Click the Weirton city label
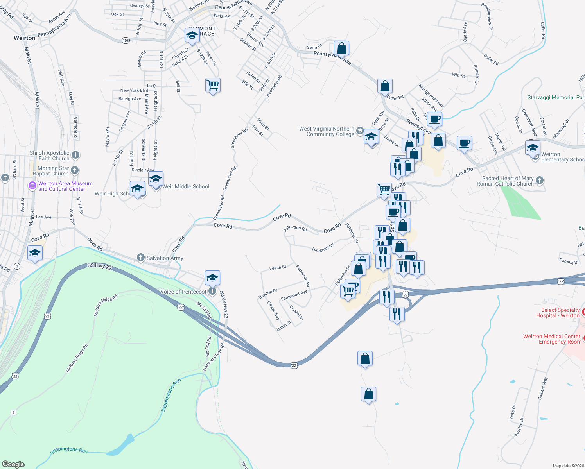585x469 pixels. [x=24, y=38]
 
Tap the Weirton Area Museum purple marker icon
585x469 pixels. [x=32, y=186]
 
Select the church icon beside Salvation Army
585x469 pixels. [x=141, y=257]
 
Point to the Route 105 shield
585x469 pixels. [x=125, y=41]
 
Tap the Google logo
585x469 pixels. [x=13, y=464]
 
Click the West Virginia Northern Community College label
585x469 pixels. [x=327, y=131]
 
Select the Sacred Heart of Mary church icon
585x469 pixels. [x=540, y=180]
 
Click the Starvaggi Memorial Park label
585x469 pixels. [x=556, y=97]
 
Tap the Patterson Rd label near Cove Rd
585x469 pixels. [x=295, y=228]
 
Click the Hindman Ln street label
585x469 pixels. [x=323, y=247]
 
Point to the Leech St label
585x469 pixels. [x=278, y=268]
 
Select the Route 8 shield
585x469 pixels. [x=14, y=412]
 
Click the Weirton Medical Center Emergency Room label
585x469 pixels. [x=552, y=339]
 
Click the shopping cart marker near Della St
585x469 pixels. [x=213, y=85]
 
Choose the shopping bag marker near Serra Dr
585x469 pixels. [x=341, y=48]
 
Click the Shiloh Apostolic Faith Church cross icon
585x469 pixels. [x=75, y=155]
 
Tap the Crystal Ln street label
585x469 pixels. [x=296, y=313]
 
